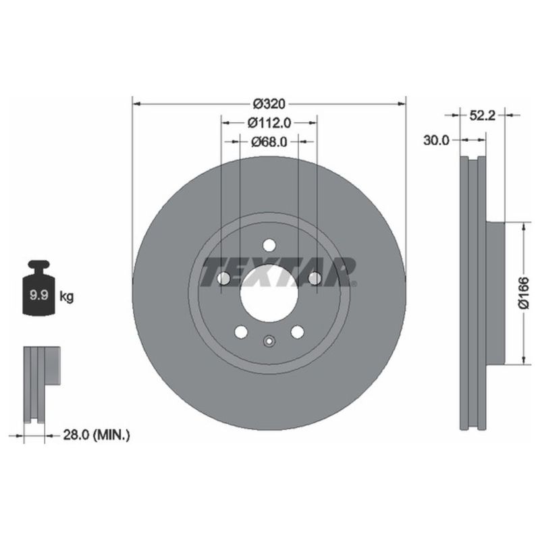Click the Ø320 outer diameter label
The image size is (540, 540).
click(x=270, y=104)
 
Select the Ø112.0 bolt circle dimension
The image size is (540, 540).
click(x=269, y=123)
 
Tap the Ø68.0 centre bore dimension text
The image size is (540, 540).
click(x=269, y=142)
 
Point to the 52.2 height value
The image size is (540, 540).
click(x=483, y=115)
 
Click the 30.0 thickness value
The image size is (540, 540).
click(x=437, y=140)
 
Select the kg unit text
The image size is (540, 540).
click(x=67, y=296)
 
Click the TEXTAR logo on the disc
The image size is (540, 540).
click(x=278, y=272)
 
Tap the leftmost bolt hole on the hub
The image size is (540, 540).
click(x=224, y=278)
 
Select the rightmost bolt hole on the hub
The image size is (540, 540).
click(x=315, y=278)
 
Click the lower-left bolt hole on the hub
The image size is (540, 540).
click(x=241, y=331)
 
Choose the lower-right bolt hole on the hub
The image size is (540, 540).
click(x=297, y=331)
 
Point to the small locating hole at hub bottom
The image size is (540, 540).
click(x=269, y=341)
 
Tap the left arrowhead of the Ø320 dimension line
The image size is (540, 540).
click(x=135, y=104)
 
